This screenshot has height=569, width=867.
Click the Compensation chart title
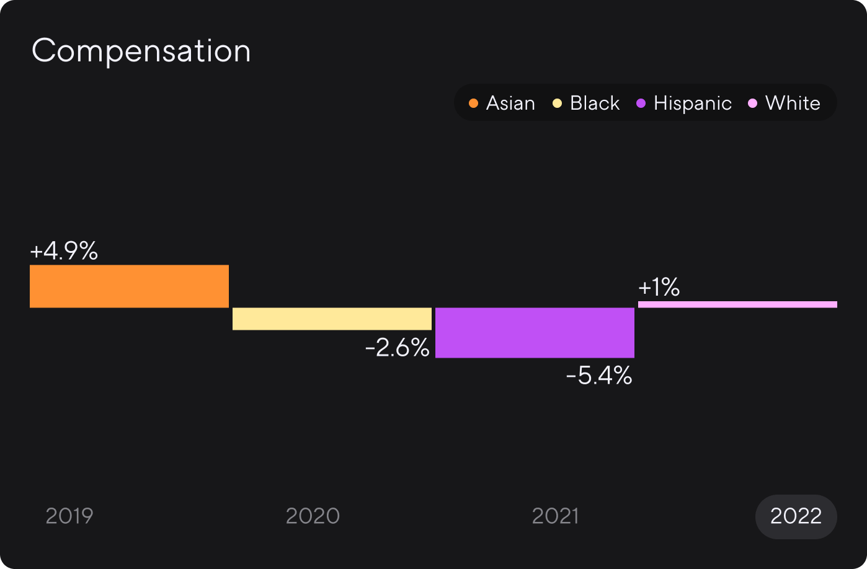[x=141, y=51]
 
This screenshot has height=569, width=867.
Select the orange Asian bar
[x=129, y=286]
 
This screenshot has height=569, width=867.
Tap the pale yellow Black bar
[x=332, y=319]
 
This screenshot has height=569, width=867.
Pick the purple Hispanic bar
[x=535, y=333]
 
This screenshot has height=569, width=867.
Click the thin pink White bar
[x=738, y=304]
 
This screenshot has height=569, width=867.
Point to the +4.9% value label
[x=64, y=250]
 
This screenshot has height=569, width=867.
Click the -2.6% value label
[x=398, y=347]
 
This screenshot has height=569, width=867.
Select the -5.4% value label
[x=599, y=376]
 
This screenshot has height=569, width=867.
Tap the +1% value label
[x=659, y=287]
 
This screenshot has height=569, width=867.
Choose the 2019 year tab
[x=69, y=516]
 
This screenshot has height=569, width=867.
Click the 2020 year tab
[x=313, y=516]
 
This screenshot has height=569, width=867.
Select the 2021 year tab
[x=556, y=516]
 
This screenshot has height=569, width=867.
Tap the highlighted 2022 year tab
[x=796, y=516]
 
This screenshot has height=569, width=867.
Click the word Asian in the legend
[x=510, y=104]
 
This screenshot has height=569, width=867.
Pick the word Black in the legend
[x=595, y=104]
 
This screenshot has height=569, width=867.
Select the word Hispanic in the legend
[x=693, y=104]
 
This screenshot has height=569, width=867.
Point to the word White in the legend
[x=793, y=104]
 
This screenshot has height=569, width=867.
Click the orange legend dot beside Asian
[x=473, y=104]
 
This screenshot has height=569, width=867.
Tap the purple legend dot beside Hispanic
[x=641, y=104]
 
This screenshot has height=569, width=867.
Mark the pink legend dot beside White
[x=752, y=104]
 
